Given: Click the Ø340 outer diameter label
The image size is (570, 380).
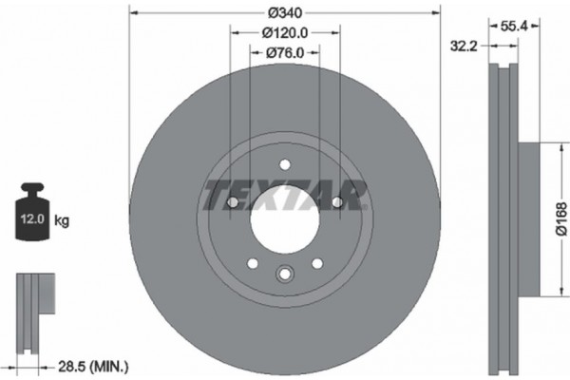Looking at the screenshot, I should pos(285,11).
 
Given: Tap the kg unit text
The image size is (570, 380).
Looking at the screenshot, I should pos(62,221).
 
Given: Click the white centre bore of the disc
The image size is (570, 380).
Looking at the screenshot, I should pos(284,227).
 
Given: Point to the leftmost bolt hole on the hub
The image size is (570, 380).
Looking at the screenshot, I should pos(232,201).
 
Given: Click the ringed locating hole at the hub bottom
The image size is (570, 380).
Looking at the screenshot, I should pos(284,275).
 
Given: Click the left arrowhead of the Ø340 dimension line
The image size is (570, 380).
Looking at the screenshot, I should pos(131,11).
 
